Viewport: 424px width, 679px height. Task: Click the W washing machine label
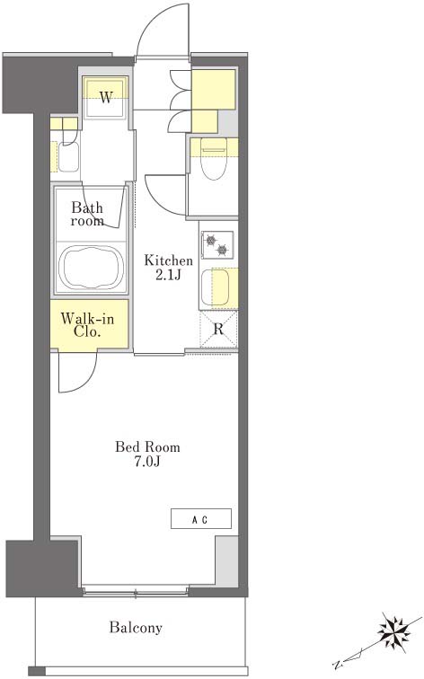point(106,97)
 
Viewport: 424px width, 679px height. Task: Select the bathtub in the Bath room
point(91,268)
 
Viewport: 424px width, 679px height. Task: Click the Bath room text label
point(87,215)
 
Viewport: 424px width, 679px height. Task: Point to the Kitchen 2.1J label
point(168,268)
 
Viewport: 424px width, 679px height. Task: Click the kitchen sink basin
point(216,287)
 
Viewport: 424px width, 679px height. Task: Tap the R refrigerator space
point(218,329)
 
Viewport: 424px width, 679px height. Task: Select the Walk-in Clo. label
point(87,325)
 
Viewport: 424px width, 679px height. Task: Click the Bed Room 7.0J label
point(147,454)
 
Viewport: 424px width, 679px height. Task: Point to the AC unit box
point(201,518)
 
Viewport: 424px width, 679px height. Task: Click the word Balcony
point(136,627)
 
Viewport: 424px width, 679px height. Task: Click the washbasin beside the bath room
point(68,156)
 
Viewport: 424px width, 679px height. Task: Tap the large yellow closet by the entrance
point(214,89)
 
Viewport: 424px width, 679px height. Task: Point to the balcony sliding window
point(136,590)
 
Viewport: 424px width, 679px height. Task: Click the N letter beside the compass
point(337,665)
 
